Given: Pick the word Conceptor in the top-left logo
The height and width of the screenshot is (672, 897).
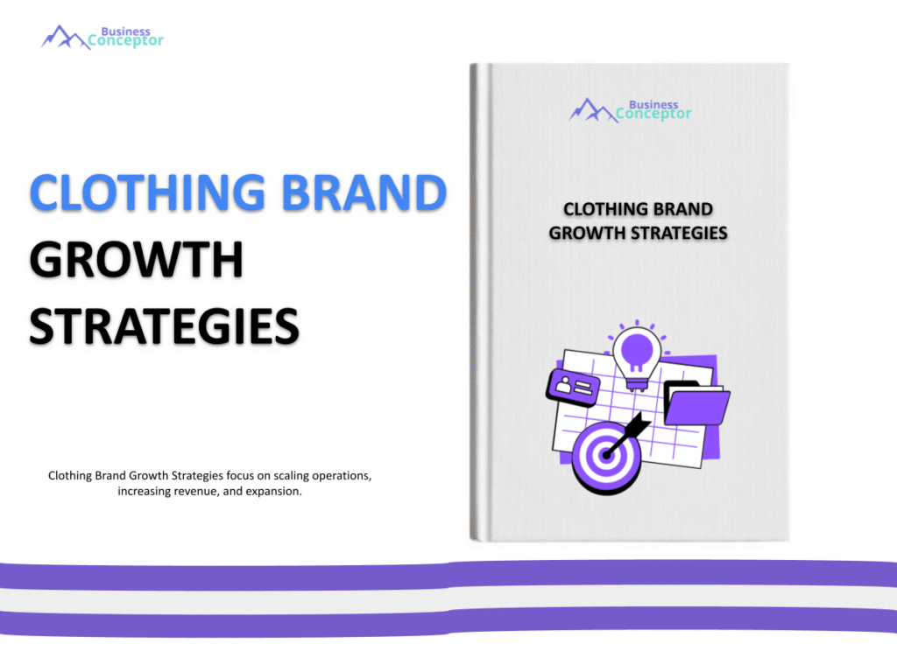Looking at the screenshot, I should tap(125, 40).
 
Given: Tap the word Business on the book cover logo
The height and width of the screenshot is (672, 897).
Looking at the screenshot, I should tap(653, 104).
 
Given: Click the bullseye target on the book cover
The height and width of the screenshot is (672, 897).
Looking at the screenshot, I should tap(604, 457).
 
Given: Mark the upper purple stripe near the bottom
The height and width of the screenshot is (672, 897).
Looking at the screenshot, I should tap(448, 574).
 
